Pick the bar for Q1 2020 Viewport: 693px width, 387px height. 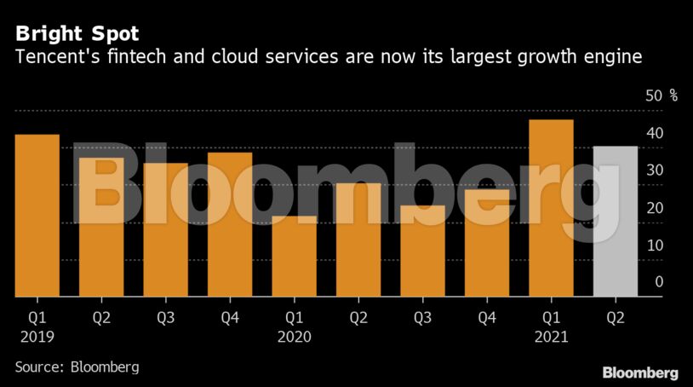(294, 256)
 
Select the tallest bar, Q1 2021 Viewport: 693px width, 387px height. (551, 208)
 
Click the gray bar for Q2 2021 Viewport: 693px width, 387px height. (615, 222)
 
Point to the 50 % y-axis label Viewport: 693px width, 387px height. (661, 95)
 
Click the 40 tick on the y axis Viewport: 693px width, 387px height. (654, 133)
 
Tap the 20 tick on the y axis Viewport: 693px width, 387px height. (654, 208)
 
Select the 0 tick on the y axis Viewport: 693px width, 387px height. (658, 282)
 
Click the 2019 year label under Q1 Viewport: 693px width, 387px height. (36, 336)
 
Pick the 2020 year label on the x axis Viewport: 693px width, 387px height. (293, 336)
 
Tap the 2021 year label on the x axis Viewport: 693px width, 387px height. (550, 336)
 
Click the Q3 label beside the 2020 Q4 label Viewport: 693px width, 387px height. (422, 317)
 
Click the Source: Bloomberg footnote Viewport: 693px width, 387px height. (77, 367)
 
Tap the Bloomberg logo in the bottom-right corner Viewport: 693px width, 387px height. (640, 373)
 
